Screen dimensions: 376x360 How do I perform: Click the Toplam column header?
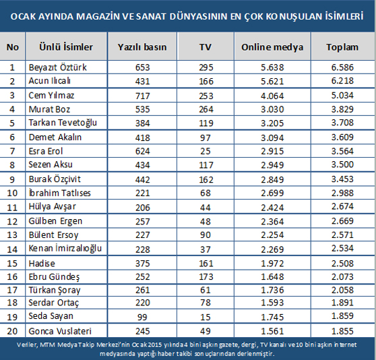click(342, 47)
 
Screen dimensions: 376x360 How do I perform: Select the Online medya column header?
click(272, 47)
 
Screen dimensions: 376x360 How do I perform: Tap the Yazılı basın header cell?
click(142, 47)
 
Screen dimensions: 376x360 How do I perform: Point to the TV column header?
click(206, 47)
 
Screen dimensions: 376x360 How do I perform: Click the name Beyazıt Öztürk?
click(57, 67)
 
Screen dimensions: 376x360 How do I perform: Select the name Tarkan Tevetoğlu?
click(63, 123)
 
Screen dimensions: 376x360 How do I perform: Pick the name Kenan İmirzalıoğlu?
click(65, 249)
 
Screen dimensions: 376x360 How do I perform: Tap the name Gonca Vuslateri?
click(60, 331)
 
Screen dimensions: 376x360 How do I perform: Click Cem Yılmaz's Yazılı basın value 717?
click(142, 96)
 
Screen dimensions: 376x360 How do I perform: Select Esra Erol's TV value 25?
click(206, 151)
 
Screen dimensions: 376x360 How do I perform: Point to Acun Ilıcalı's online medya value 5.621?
click(272, 82)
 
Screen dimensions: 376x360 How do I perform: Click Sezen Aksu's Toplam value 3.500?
click(342, 164)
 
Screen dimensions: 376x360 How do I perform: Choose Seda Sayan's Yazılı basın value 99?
click(142, 317)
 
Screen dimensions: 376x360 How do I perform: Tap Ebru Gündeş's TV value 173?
click(206, 277)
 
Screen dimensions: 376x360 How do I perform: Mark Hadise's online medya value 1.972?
click(272, 264)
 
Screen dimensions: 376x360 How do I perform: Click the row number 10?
click(12, 193)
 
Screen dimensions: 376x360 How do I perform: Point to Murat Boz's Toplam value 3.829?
click(342, 109)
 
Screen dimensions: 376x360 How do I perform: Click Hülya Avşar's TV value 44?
click(206, 208)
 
